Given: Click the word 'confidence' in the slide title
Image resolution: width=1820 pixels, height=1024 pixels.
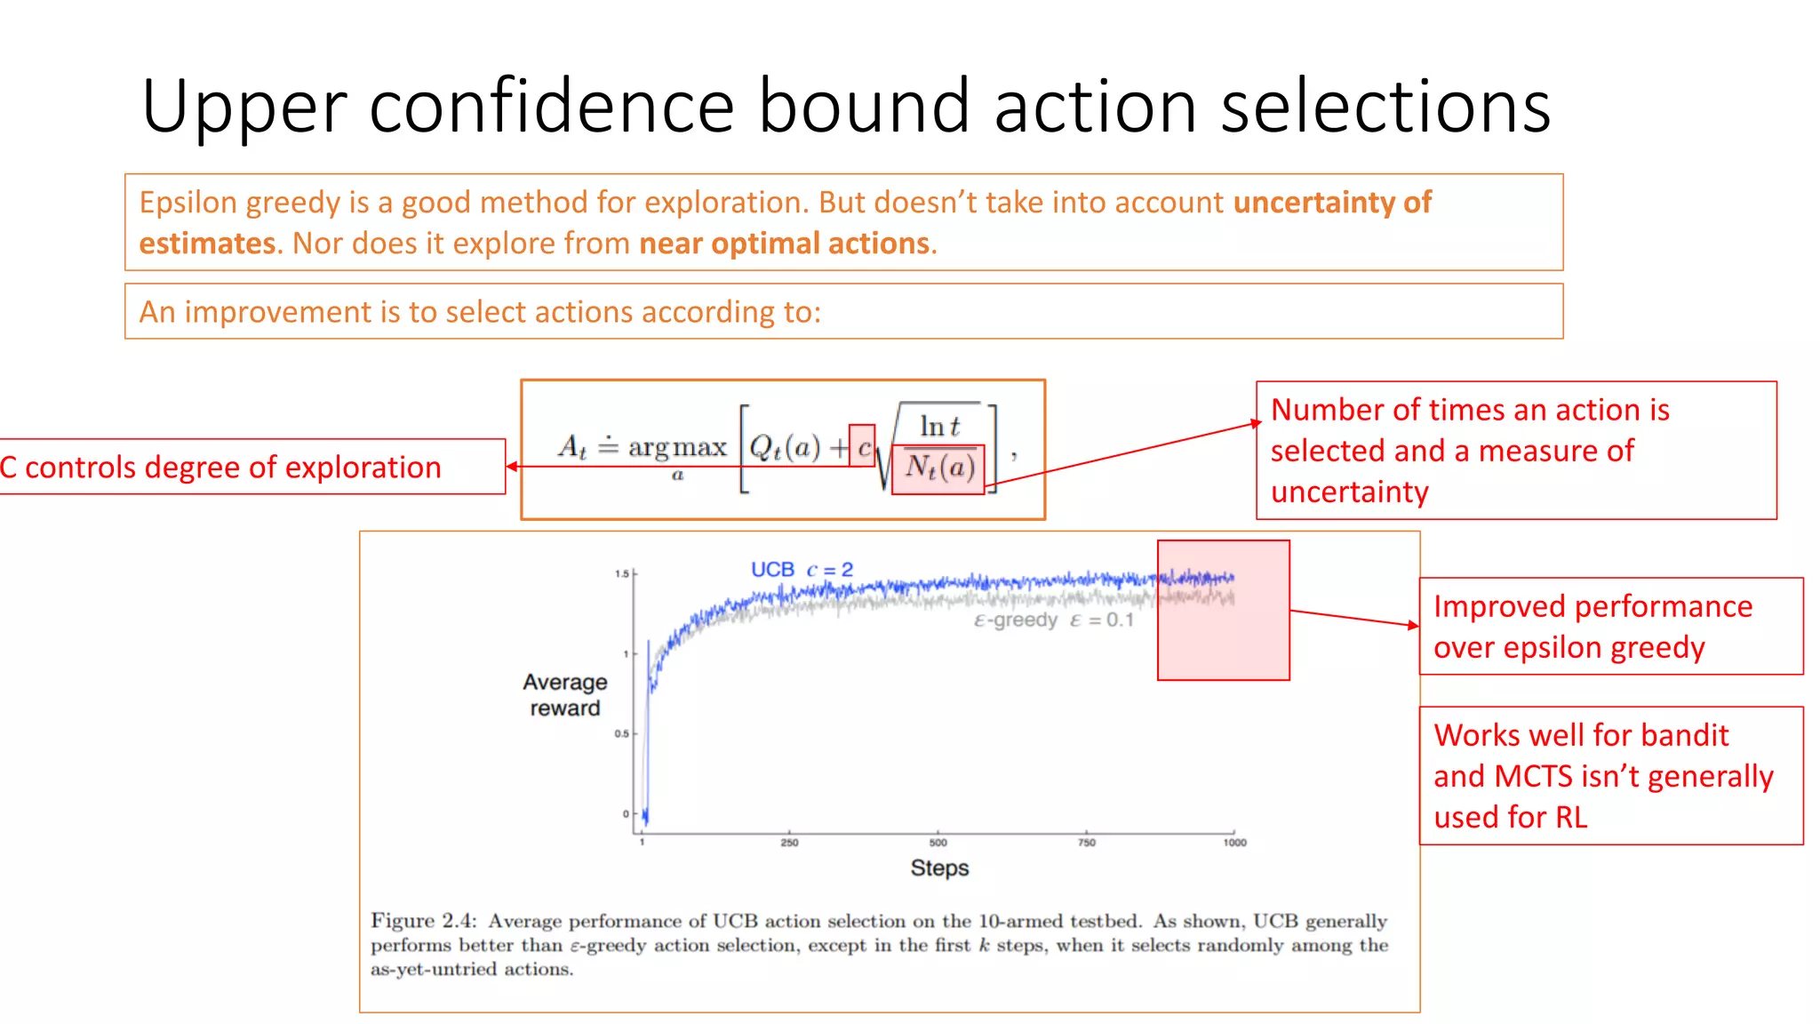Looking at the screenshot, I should point(551,107).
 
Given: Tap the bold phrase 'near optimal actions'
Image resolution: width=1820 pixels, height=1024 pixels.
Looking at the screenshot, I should point(784,244).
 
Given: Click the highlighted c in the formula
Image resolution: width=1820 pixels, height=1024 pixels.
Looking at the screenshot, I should point(863,446).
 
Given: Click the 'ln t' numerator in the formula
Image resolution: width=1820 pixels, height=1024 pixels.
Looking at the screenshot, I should point(938,427).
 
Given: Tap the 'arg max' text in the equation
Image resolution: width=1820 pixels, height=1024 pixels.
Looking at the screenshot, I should point(677,446).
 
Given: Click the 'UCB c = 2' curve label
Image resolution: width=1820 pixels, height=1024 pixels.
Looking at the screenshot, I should point(802,570).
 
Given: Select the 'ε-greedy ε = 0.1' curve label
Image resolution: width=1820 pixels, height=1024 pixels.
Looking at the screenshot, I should point(1053,620).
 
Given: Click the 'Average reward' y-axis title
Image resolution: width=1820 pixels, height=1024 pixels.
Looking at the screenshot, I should point(565,695).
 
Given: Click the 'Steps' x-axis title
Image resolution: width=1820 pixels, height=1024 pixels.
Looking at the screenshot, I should point(939,868).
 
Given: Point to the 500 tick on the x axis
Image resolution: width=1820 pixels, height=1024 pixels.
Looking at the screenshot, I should point(938,842).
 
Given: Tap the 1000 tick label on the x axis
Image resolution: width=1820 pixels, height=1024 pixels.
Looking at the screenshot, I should point(1233,842).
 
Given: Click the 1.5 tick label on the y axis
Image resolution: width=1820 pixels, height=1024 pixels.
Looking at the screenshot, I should point(621,573).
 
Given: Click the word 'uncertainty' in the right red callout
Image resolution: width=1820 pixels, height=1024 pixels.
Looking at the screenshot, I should point(1349,492).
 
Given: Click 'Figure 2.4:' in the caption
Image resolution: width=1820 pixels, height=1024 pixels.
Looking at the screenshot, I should point(424,921).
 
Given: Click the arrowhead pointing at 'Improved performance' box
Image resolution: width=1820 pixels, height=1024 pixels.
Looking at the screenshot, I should point(1414,626).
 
